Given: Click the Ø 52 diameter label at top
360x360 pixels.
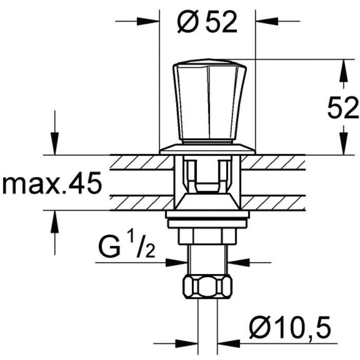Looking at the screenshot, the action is click(x=207, y=22).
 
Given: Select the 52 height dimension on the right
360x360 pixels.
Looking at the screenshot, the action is click(x=343, y=107).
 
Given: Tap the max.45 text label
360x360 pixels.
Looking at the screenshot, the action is click(x=52, y=183).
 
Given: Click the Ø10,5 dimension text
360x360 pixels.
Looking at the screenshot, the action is click(x=290, y=327).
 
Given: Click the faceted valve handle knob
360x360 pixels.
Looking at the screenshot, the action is click(x=209, y=101).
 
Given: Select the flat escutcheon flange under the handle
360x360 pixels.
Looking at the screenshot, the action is click(x=208, y=149).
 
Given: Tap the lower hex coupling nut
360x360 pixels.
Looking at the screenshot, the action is click(x=207, y=286).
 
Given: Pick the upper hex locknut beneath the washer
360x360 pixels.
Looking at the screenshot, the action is click(x=207, y=236).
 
